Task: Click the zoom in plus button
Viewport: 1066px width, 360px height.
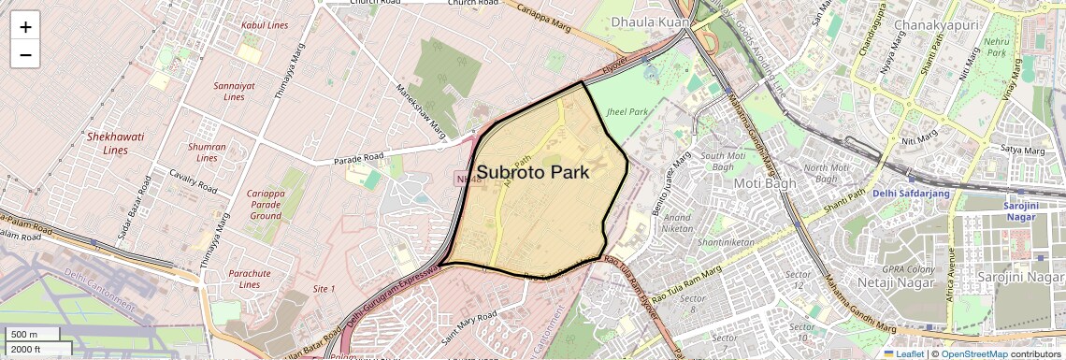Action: click(x=25, y=26)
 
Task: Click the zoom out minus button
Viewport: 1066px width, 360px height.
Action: click(x=25, y=54)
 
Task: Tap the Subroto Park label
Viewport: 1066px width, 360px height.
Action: click(x=533, y=172)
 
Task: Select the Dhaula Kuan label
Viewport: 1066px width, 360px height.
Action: click(x=650, y=22)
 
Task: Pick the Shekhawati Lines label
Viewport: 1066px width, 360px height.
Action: click(x=115, y=143)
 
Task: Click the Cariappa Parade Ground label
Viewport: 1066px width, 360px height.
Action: click(x=265, y=204)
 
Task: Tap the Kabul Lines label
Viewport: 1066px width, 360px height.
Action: click(x=265, y=25)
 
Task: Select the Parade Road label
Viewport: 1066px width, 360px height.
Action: click(x=359, y=158)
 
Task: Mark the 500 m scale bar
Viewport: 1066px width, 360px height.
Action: click(x=33, y=334)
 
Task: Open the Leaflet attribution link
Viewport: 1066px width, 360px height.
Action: click(x=903, y=353)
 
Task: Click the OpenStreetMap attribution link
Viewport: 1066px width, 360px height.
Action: click(x=973, y=353)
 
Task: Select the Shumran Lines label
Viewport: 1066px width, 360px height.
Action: click(x=207, y=151)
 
